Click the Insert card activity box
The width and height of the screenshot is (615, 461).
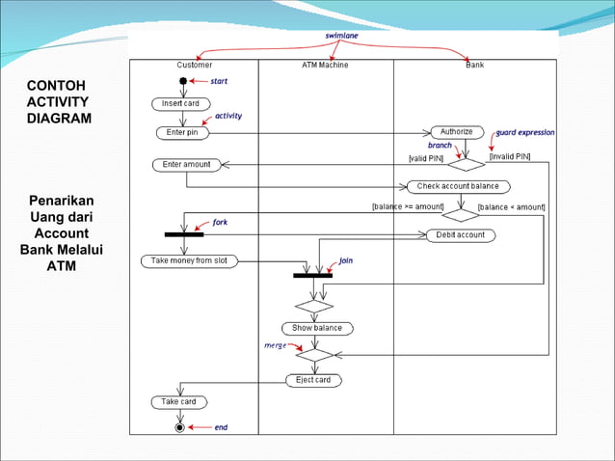click(179, 103)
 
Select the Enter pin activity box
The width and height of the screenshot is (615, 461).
click(182, 132)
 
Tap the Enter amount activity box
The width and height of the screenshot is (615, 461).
click(186, 165)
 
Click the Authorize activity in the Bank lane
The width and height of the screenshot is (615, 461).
click(457, 132)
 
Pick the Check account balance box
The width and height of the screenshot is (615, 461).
click(458, 186)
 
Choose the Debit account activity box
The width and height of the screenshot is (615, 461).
click(460, 234)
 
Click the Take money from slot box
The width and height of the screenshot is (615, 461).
click(189, 260)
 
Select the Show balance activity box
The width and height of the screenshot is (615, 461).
click(317, 328)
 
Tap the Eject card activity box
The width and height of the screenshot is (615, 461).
click(312, 380)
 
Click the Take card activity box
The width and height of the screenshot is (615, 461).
click(178, 401)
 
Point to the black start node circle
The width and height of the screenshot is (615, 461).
click(183, 82)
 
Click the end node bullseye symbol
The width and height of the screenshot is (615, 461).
click(179, 426)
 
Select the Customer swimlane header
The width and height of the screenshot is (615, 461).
click(195, 66)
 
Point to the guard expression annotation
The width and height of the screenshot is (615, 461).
click(525, 132)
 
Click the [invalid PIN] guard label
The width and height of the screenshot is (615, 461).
click(509, 156)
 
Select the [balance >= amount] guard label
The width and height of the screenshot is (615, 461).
click(408, 206)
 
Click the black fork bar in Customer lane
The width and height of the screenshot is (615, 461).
click(183, 233)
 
